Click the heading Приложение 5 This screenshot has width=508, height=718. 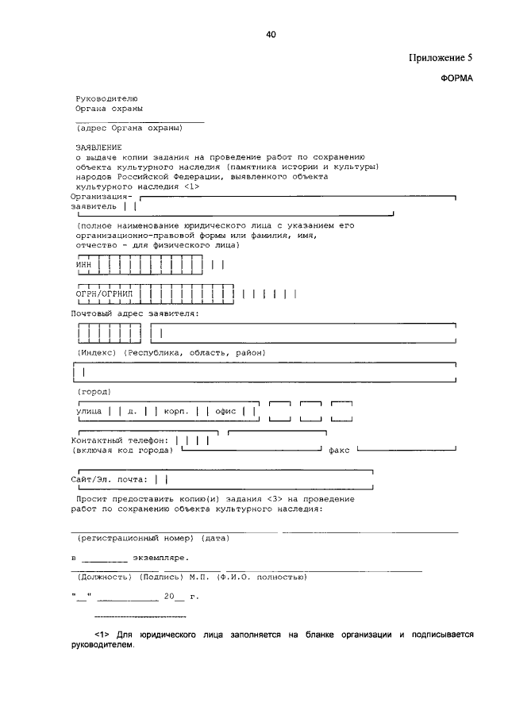click(x=442, y=59)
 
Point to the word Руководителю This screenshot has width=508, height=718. click(x=106, y=98)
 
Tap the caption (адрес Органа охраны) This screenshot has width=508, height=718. click(x=129, y=128)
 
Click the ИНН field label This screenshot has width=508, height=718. click(x=83, y=264)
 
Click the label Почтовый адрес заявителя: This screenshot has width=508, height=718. click(x=135, y=314)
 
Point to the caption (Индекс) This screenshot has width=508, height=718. click(x=97, y=352)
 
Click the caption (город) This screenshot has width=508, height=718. click(x=94, y=392)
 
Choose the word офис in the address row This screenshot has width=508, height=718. click(x=226, y=412)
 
